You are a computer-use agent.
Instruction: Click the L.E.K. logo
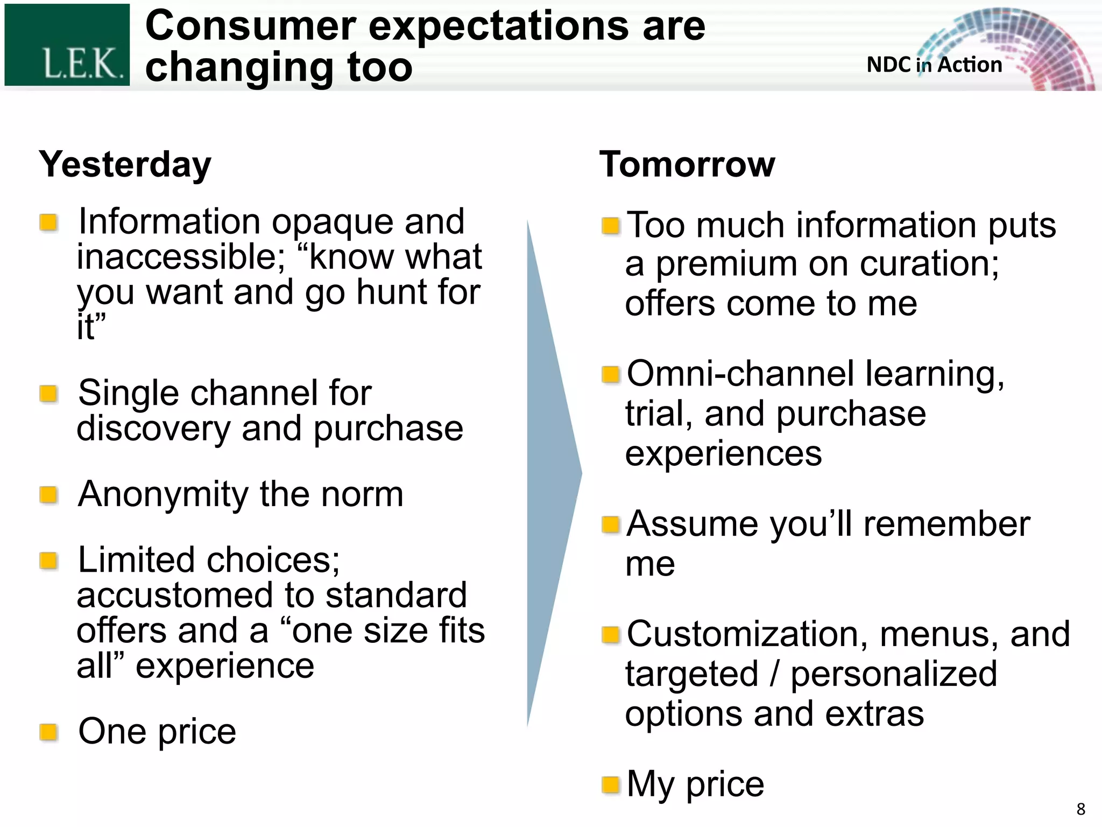pyautogui.click(x=67, y=45)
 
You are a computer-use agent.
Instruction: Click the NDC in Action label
pyautogui.click(x=934, y=65)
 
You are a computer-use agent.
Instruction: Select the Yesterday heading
pyautogui.click(x=125, y=165)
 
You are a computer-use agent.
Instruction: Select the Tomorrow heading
pyautogui.click(x=687, y=165)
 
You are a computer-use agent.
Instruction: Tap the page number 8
pyautogui.click(x=1080, y=809)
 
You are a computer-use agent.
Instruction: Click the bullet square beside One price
pyautogui.click(x=49, y=732)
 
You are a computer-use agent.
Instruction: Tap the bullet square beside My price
pyautogui.click(x=611, y=784)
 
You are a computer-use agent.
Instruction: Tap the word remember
pyautogui.click(x=946, y=524)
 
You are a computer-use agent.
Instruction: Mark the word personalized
pyautogui.click(x=893, y=674)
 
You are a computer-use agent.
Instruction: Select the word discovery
pyautogui.click(x=153, y=430)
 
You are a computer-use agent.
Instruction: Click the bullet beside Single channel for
pyautogui.click(x=49, y=394)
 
